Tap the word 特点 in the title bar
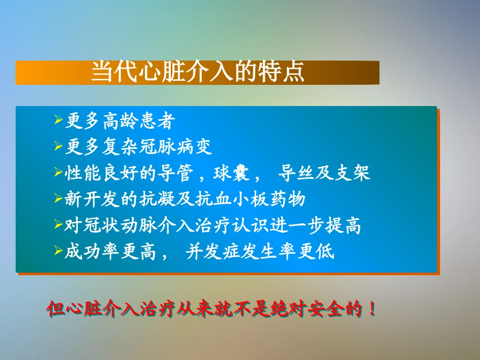click(287, 72)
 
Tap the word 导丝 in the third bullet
click(296, 174)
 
